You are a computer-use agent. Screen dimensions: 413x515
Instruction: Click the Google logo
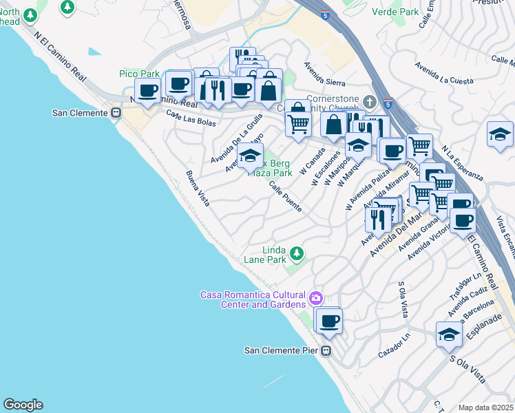23,405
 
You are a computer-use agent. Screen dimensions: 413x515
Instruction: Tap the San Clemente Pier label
282,350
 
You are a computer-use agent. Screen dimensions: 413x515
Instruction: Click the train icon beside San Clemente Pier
327,350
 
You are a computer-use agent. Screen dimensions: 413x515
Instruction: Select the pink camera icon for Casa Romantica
315,298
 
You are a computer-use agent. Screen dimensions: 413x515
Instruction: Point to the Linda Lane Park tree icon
297,254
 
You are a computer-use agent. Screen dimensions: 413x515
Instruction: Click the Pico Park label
139,74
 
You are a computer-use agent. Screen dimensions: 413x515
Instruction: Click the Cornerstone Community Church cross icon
370,103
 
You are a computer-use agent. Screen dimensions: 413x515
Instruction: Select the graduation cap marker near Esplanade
449,335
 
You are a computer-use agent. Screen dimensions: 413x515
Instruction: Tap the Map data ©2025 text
485,407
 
